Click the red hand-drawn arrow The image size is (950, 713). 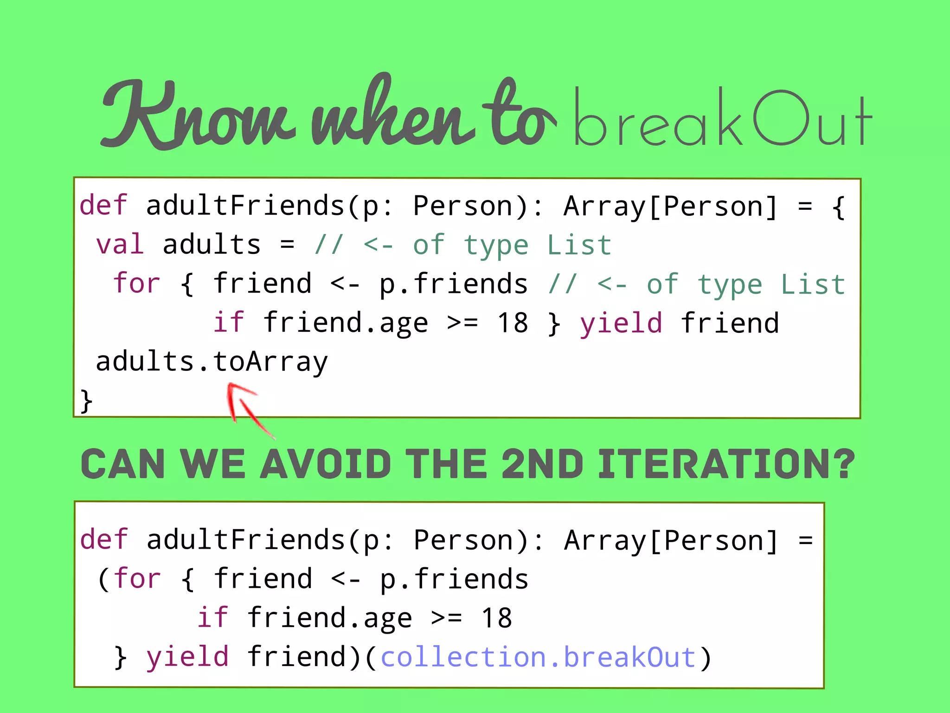pyautogui.click(x=246, y=406)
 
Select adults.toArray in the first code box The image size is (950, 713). pyautogui.click(x=212, y=362)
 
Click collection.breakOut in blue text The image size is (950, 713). pyautogui.click(x=538, y=657)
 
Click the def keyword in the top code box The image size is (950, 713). pyautogui.click(x=103, y=205)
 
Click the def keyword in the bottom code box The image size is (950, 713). pyautogui.click(x=103, y=539)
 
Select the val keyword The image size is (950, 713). pyautogui.click(x=120, y=245)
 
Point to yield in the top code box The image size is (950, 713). pyautogui.click(x=621, y=324)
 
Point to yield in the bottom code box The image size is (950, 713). pyautogui.click(x=187, y=657)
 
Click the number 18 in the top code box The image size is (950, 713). pyautogui.click(x=512, y=323)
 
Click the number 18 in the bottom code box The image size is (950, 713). pyautogui.click(x=496, y=618)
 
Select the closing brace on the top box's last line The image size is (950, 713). pyautogui.click(x=86, y=401)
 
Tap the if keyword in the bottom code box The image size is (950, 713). pyautogui.click(x=212, y=618)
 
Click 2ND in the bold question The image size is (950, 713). pyautogui.click(x=542, y=464)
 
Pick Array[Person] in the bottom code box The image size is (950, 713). pyautogui.click(x=671, y=540)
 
